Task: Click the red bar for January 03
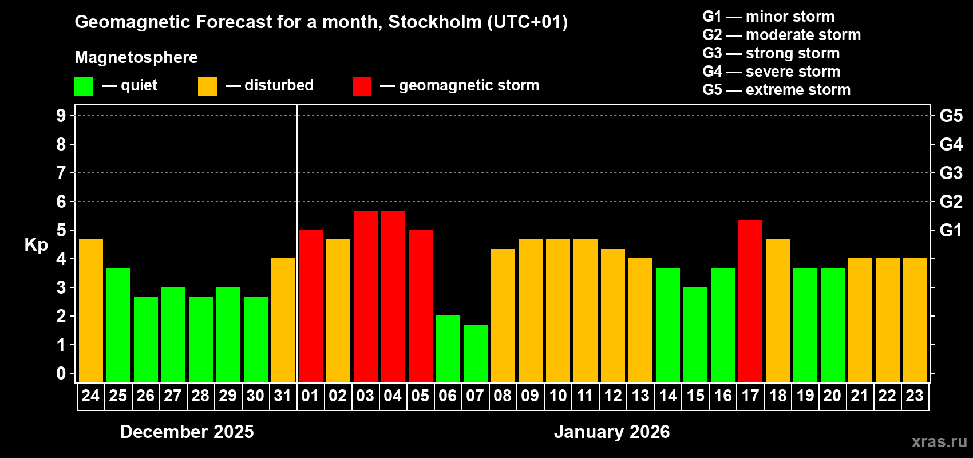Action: [365, 297]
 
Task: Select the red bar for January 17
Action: [750, 301]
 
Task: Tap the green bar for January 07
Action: [475, 354]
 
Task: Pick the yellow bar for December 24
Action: [90, 311]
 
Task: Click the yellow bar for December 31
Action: [283, 321]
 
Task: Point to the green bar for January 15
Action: [695, 335]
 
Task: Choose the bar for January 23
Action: [915, 321]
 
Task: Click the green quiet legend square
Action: [84, 86]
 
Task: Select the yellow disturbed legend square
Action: [207, 86]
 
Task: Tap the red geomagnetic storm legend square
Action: [362, 86]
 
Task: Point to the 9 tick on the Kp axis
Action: [61, 116]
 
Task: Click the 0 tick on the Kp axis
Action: [61, 373]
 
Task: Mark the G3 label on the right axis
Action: [951, 173]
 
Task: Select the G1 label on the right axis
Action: [951, 230]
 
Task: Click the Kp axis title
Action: [36, 245]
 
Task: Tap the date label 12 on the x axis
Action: [612, 396]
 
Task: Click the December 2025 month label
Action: [187, 432]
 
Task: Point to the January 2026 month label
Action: [611, 432]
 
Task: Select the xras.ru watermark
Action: [939, 441]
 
